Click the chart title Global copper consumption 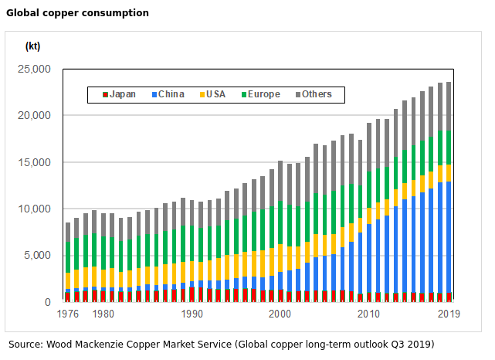point(78,13)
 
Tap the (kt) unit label point(33,46)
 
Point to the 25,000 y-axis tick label point(34,70)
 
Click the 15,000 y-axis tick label point(34,162)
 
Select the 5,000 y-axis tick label point(37,256)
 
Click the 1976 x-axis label point(68,314)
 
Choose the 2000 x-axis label point(280,314)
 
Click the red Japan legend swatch point(105,95)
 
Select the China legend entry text point(171,95)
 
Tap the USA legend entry point(215,95)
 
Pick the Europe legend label point(264,95)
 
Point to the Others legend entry point(317,95)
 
